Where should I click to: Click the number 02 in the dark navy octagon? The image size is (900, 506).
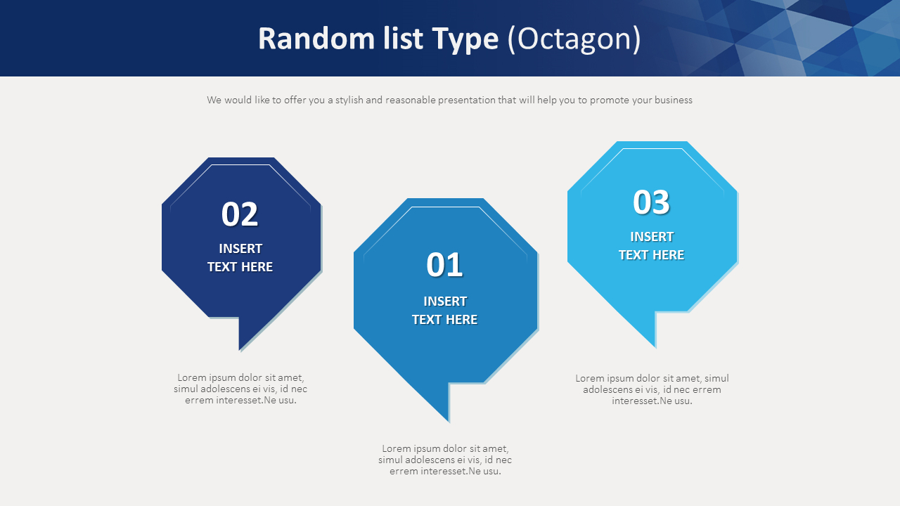pyautogui.click(x=240, y=214)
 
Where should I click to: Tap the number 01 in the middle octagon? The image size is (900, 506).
pyautogui.click(x=444, y=265)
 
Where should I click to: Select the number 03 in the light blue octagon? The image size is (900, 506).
pyautogui.click(x=651, y=202)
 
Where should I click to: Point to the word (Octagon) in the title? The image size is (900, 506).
pyautogui.click(x=574, y=39)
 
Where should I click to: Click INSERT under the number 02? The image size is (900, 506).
pyautogui.click(x=240, y=249)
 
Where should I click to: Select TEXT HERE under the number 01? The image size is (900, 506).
pyautogui.click(x=444, y=320)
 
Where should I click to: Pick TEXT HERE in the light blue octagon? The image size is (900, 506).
pyautogui.click(x=651, y=255)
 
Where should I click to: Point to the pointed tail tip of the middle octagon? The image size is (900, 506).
pyautogui.click(x=447, y=420)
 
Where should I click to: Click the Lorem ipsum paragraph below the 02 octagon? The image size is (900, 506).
pyautogui.click(x=240, y=389)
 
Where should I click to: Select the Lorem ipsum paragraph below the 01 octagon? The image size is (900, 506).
pyautogui.click(x=445, y=460)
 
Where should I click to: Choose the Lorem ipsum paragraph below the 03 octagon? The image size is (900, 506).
pyautogui.click(x=652, y=389)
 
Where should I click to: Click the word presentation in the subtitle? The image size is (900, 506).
pyautogui.click(x=467, y=100)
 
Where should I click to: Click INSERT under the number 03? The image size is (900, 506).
pyautogui.click(x=652, y=237)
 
